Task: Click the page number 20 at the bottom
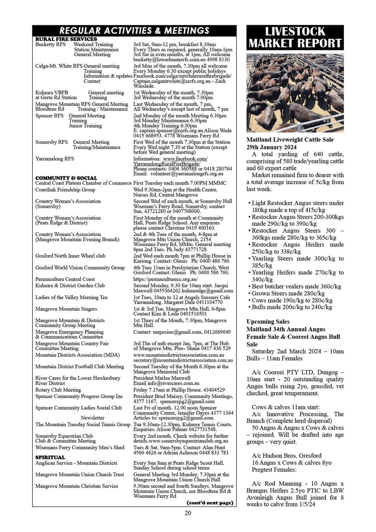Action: click(x=188, y=513)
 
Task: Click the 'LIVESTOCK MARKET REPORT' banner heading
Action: click(x=295, y=37)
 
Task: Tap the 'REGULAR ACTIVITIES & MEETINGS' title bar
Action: click(x=134, y=30)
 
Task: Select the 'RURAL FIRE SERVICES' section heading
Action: click(x=66, y=39)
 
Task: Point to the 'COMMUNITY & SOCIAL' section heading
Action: click(x=66, y=178)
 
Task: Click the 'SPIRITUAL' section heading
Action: click(x=50, y=457)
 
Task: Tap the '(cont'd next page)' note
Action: click(x=210, y=503)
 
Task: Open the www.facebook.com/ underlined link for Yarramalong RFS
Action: click(x=185, y=159)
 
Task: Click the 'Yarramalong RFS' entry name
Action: click(x=55, y=159)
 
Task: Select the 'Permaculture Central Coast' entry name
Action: click(x=65, y=279)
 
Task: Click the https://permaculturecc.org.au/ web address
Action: click(x=165, y=279)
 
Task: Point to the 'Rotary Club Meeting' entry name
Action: click(x=58, y=390)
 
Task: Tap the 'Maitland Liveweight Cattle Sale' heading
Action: click(x=290, y=140)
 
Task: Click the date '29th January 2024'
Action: click(x=271, y=147)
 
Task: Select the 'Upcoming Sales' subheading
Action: click(x=268, y=322)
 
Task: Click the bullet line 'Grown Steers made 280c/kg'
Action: click(x=288, y=293)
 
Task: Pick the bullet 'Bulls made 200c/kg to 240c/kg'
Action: click(x=292, y=307)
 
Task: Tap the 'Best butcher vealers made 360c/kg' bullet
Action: click(x=296, y=286)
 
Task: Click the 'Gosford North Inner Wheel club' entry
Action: click(x=70, y=256)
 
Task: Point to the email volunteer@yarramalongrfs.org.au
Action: click(x=187, y=174)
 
